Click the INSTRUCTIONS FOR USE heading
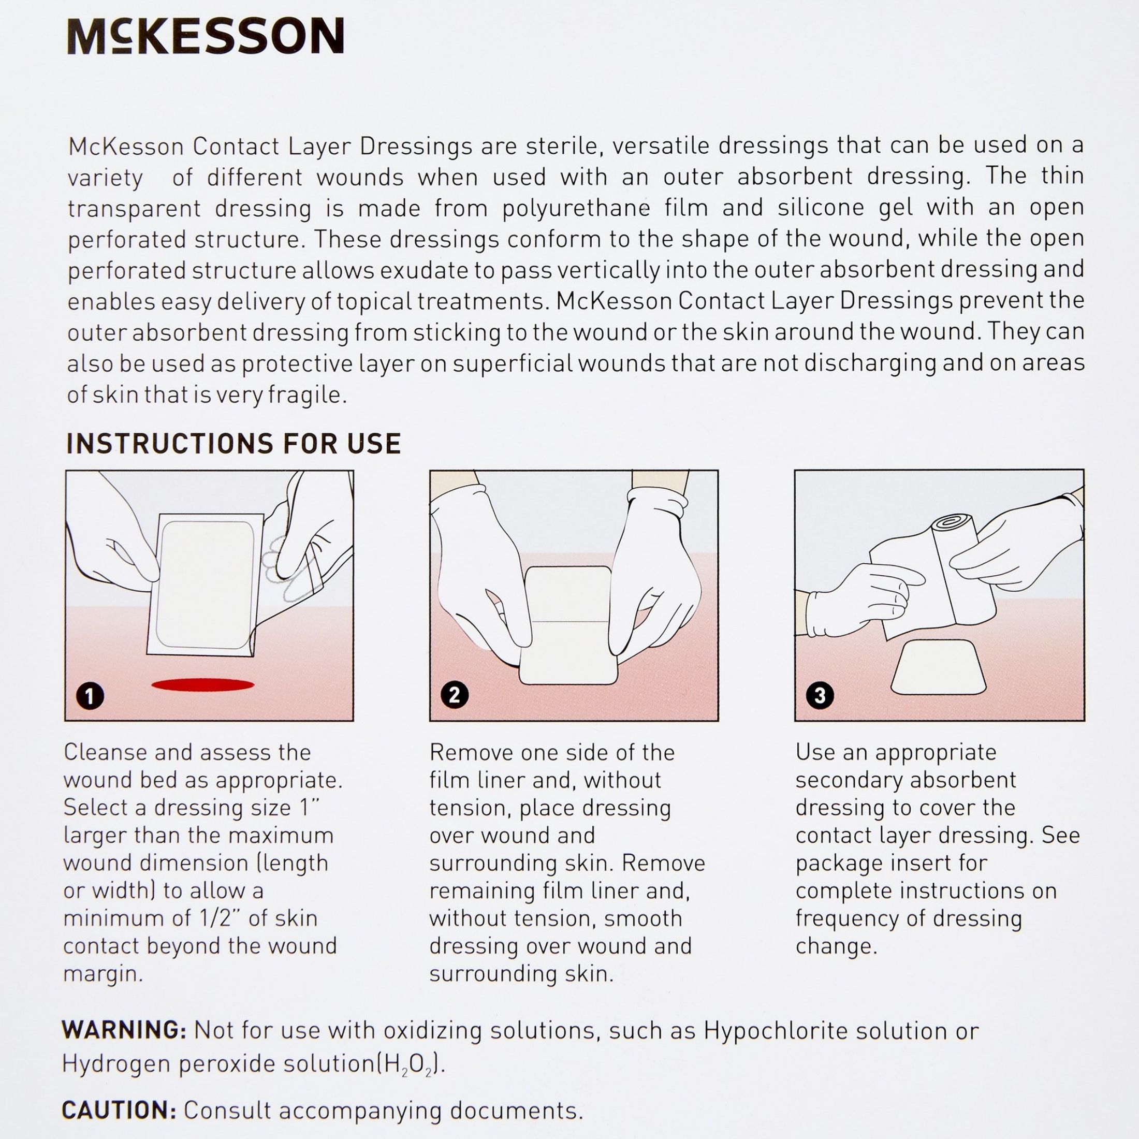point(233,444)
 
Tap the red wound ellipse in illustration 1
point(203,684)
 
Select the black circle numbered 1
point(90,697)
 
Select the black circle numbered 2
point(454,695)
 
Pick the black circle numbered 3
point(820,695)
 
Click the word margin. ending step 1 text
point(103,974)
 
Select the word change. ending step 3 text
point(836,946)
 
